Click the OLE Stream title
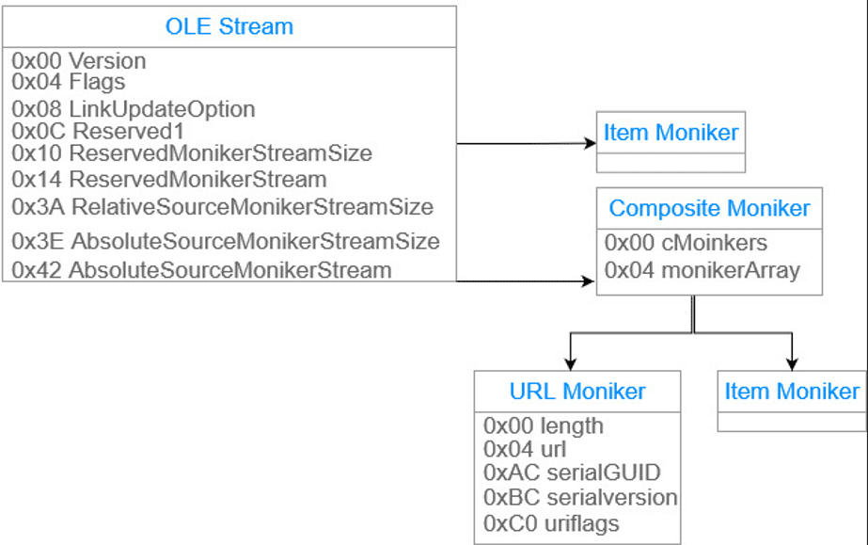pyautogui.click(x=229, y=26)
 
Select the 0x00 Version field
pyautogui.click(x=79, y=61)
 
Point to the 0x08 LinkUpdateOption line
pyautogui.click(x=134, y=109)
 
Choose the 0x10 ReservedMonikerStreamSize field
pyautogui.click(x=192, y=152)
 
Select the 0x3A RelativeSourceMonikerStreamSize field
pyautogui.click(x=223, y=206)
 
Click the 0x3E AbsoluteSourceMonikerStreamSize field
pyautogui.click(x=226, y=241)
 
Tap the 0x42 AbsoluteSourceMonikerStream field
pyautogui.click(x=201, y=270)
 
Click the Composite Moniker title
pyautogui.click(x=709, y=208)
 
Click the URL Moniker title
pyautogui.click(x=577, y=391)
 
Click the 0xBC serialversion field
pyautogui.click(x=580, y=497)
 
